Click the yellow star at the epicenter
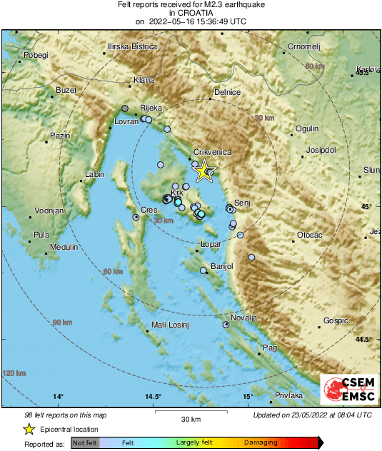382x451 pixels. (x=204, y=170)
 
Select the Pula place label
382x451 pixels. (x=42, y=234)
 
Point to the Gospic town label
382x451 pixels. (x=336, y=321)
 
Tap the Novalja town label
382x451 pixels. (x=243, y=318)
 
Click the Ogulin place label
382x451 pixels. (x=306, y=128)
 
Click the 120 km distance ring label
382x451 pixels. (x=14, y=373)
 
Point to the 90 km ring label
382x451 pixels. (x=62, y=323)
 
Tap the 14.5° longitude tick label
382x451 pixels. (x=153, y=396)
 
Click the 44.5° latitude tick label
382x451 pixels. (x=363, y=339)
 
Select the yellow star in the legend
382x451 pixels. (x=29, y=429)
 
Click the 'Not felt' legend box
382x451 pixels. (x=85, y=443)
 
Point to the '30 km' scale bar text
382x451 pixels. (x=190, y=418)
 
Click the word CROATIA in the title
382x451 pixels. (x=190, y=13)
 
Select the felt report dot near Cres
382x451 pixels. (x=136, y=217)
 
